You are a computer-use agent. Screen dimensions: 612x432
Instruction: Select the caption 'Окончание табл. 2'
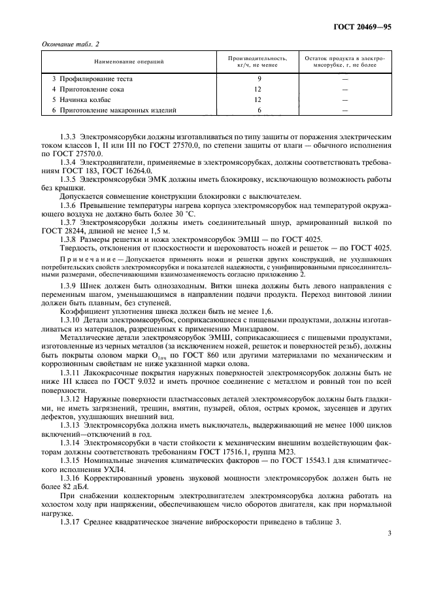pos(69,43)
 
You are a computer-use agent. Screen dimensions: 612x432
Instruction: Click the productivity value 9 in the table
pos(259,78)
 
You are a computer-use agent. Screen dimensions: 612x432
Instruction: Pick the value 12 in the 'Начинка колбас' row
pos(259,99)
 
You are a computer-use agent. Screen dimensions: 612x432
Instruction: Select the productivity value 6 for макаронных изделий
pos(259,110)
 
